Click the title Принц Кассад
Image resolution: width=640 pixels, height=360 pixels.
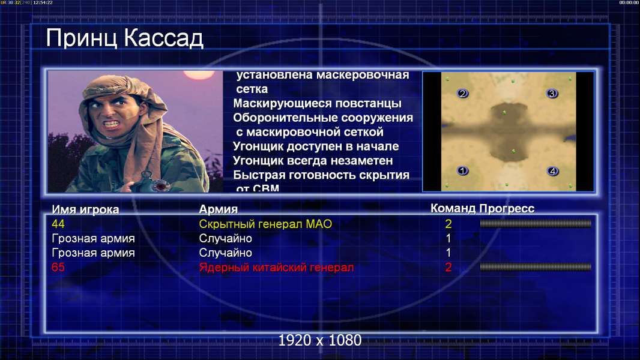tap(124, 39)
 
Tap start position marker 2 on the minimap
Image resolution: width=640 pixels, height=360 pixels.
tap(462, 94)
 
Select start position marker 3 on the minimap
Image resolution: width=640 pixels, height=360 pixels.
tap(552, 94)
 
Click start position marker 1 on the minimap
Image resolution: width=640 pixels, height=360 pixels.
tap(462, 170)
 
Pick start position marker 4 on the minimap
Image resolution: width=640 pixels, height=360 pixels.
tap(553, 171)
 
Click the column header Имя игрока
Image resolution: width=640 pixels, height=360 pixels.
tap(85, 209)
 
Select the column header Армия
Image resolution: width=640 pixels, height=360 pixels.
tap(219, 209)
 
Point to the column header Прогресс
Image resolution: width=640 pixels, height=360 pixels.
tap(507, 209)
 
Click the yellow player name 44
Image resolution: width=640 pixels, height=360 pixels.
tap(58, 224)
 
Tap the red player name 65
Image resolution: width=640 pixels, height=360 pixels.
tap(58, 267)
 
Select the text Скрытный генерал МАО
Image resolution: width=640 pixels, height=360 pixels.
tap(265, 224)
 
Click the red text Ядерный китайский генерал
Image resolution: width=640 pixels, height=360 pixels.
tap(276, 268)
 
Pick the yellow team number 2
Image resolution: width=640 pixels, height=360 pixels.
tap(448, 224)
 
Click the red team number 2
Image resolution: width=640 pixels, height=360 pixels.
tap(448, 267)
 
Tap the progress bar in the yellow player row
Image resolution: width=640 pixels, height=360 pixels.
tap(536, 223)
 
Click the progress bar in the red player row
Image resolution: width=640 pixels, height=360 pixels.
tap(536, 267)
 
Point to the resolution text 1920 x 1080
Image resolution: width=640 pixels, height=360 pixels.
tap(320, 340)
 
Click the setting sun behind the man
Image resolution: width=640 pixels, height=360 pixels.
tap(199, 74)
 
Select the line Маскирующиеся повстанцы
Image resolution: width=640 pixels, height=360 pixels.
tap(317, 104)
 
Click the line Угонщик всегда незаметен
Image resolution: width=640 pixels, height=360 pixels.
tap(313, 161)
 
